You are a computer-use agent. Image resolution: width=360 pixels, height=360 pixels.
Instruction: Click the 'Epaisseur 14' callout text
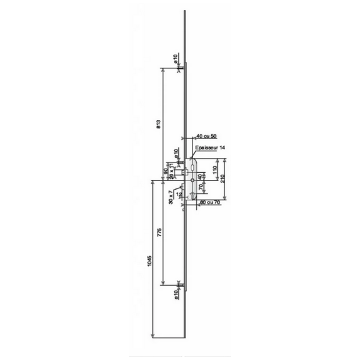(x=210, y=147)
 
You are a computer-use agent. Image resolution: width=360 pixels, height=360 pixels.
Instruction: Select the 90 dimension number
(x=166, y=172)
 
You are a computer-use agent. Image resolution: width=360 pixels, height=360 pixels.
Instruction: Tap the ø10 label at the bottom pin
(x=175, y=292)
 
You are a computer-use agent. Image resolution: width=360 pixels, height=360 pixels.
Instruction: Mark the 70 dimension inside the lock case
(x=200, y=188)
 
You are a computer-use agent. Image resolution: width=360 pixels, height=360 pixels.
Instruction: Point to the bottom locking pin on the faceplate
(x=181, y=283)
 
